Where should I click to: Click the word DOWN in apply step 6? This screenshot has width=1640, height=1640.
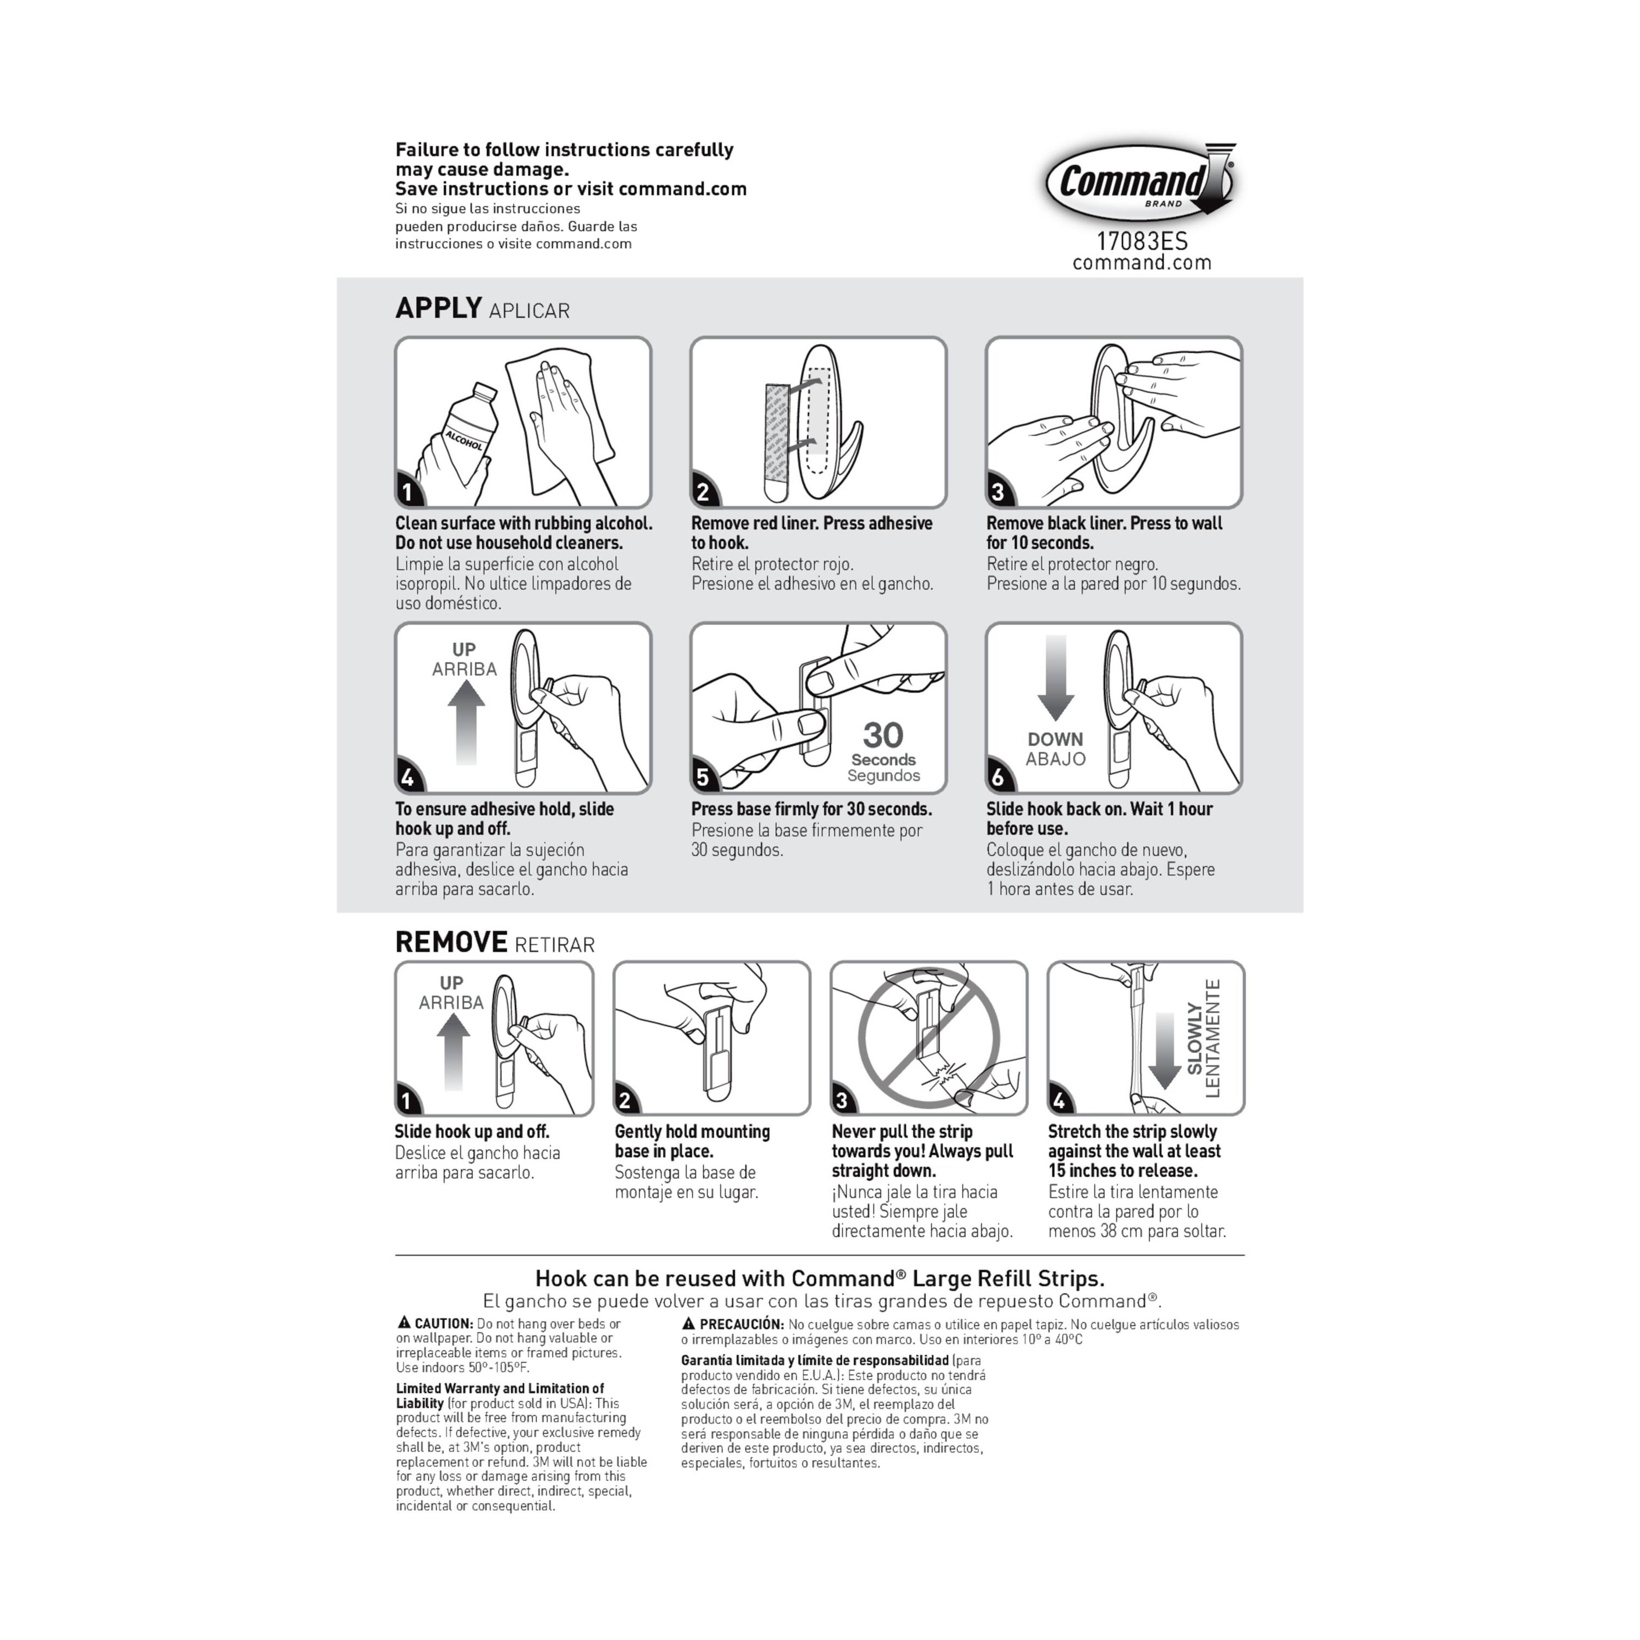click(1055, 739)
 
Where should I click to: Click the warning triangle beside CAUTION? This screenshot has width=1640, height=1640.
click(404, 1323)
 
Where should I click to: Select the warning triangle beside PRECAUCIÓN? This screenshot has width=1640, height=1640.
click(689, 1323)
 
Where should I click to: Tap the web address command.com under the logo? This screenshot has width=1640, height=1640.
click(1142, 263)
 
